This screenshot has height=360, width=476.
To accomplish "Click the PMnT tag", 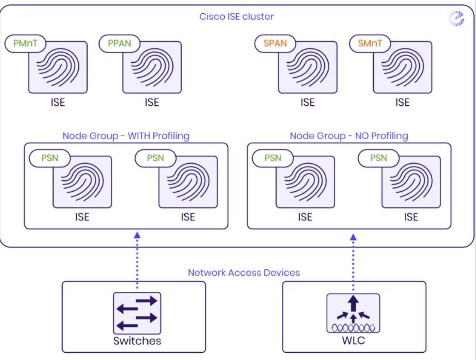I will [25, 43].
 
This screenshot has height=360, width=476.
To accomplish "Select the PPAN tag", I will [120, 43].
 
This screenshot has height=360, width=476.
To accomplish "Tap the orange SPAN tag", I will [275, 43].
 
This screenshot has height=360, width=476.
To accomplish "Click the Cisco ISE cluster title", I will [236, 17].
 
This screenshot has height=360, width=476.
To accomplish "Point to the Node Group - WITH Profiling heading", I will [126, 136].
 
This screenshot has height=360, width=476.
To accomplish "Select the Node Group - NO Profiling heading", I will [349, 136].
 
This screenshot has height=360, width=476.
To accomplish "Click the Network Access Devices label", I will [244, 272].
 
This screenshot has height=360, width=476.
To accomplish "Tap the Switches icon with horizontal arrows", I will [137, 313].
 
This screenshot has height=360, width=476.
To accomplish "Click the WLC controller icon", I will [353, 313].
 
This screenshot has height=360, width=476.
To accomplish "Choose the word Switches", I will [137, 342].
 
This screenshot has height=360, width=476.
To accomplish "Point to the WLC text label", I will [353, 342].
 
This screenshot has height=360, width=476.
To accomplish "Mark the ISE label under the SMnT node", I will [403, 103].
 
